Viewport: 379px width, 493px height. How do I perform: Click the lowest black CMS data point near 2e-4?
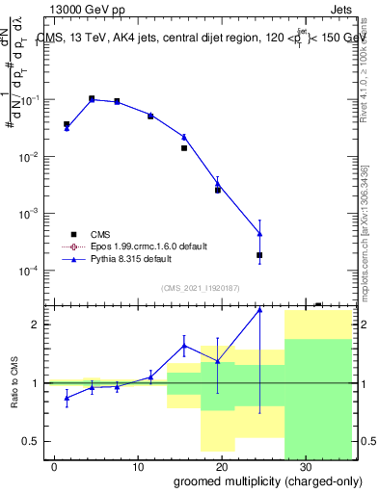coord(259,255)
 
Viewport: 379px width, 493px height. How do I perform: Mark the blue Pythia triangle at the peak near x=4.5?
coord(92,99)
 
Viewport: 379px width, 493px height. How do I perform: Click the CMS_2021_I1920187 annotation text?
coord(201,287)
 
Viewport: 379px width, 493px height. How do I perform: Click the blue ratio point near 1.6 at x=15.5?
coord(184,347)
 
